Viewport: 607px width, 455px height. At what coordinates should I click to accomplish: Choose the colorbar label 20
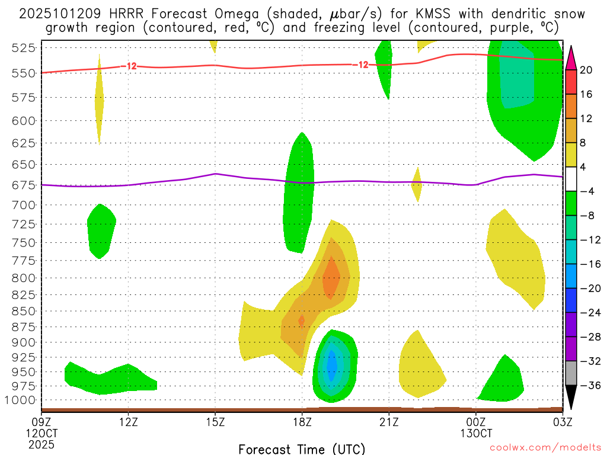(x=586, y=70)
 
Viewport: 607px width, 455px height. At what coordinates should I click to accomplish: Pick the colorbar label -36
(x=586, y=386)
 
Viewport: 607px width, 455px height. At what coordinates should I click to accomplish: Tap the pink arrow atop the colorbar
(x=571, y=57)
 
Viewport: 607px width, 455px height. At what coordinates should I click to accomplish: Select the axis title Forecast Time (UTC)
(x=302, y=448)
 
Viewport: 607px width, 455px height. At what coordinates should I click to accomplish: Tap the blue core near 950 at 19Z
(x=332, y=367)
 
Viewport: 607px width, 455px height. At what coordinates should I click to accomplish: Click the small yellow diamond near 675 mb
(x=416, y=185)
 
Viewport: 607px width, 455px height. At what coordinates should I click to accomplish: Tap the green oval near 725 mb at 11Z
(x=101, y=230)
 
